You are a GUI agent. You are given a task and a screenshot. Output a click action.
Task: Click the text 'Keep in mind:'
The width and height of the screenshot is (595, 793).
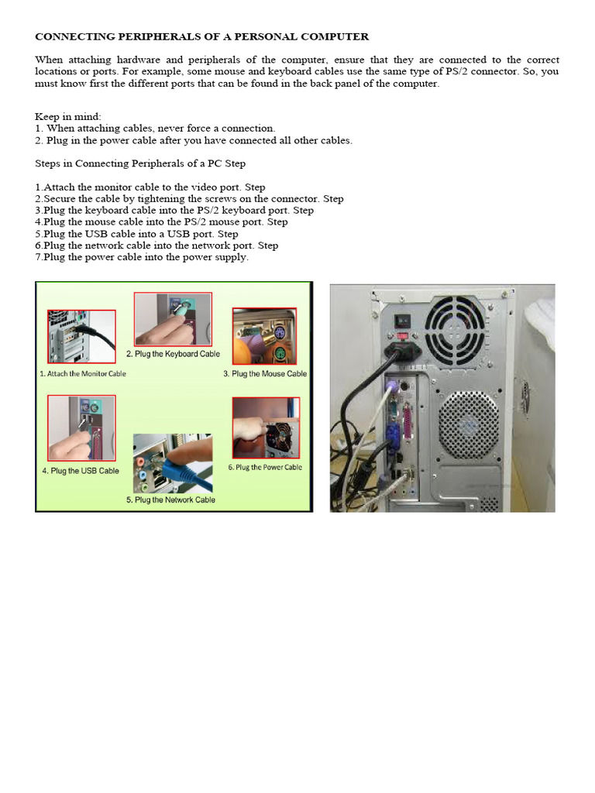pyautogui.click(x=63, y=116)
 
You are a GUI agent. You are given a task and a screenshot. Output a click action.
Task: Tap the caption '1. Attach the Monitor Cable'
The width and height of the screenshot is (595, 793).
pyautogui.click(x=82, y=373)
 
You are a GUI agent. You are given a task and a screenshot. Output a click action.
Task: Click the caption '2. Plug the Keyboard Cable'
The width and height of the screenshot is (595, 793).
pyautogui.click(x=173, y=354)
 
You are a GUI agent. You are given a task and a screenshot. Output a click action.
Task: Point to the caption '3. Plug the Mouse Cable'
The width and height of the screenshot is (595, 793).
pyautogui.click(x=265, y=373)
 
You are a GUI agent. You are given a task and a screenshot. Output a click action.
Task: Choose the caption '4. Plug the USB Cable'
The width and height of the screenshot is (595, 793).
pyautogui.click(x=81, y=471)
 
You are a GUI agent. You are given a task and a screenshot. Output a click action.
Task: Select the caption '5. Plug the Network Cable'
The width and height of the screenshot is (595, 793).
pyautogui.click(x=170, y=500)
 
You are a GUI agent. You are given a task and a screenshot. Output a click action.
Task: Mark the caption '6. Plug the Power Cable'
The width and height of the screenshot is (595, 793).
pyautogui.click(x=265, y=468)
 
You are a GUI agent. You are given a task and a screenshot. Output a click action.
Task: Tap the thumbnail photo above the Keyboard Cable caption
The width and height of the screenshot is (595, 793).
pyautogui.click(x=173, y=319)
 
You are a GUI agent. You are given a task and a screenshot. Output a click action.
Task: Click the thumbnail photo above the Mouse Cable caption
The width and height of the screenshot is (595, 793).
pyautogui.click(x=265, y=336)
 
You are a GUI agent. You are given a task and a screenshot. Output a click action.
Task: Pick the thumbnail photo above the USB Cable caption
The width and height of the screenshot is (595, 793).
pyautogui.click(x=81, y=428)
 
